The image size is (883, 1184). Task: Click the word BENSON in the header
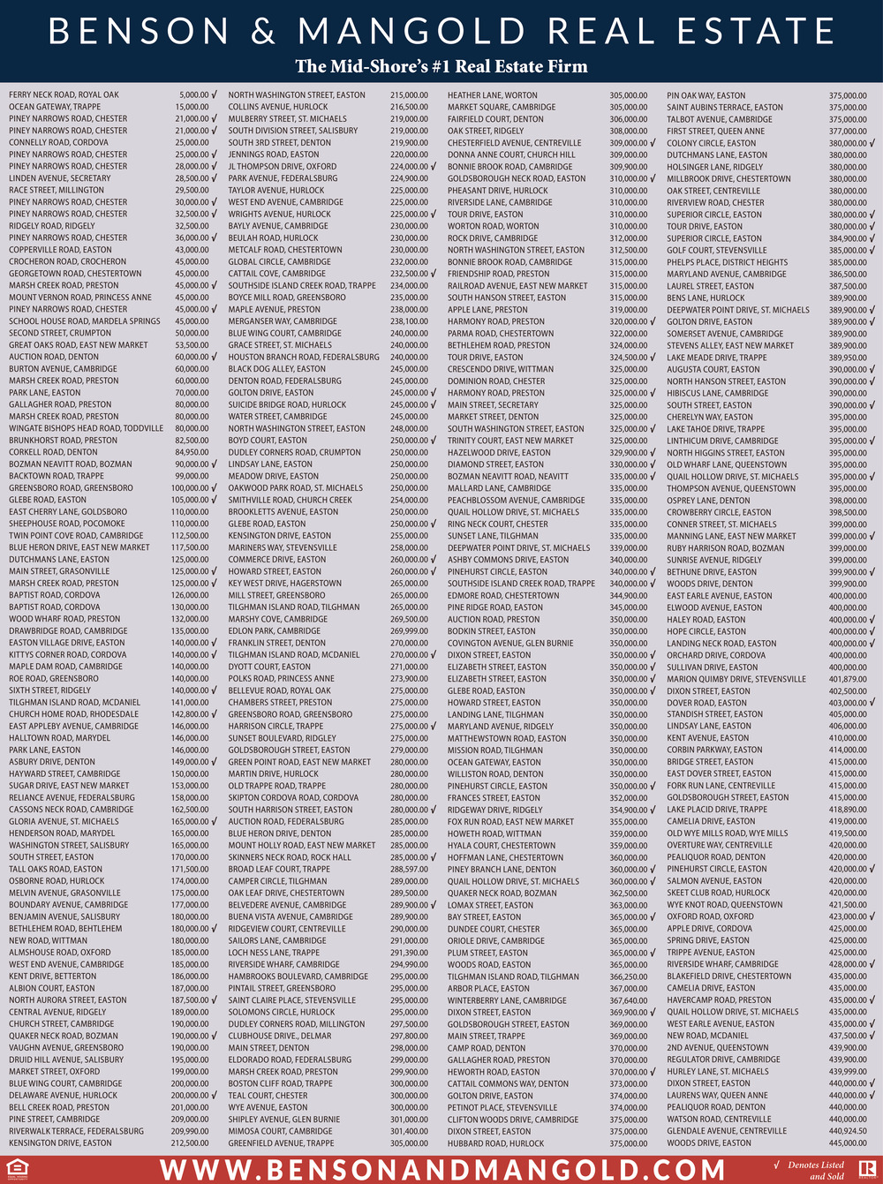coord(139,32)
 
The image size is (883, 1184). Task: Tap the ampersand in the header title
coord(263,33)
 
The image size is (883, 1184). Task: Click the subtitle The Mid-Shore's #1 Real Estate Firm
coord(441,66)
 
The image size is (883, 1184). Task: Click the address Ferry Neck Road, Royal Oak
coord(64,94)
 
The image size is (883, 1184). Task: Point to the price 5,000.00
coord(193,94)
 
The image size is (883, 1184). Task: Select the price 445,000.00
coord(848,1143)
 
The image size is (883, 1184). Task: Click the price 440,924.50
coord(848,1131)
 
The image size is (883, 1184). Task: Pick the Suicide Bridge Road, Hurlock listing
coord(287,404)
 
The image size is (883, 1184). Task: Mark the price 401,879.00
coord(848,679)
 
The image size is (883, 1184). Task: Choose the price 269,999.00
coord(409,631)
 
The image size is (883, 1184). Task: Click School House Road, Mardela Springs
coord(85,321)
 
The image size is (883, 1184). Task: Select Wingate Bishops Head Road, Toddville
coord(87,428)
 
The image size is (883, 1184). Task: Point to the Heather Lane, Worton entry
coord(492,95)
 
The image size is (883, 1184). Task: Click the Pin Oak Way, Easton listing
coord(706,95)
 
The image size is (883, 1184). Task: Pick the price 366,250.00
coord(628,977)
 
